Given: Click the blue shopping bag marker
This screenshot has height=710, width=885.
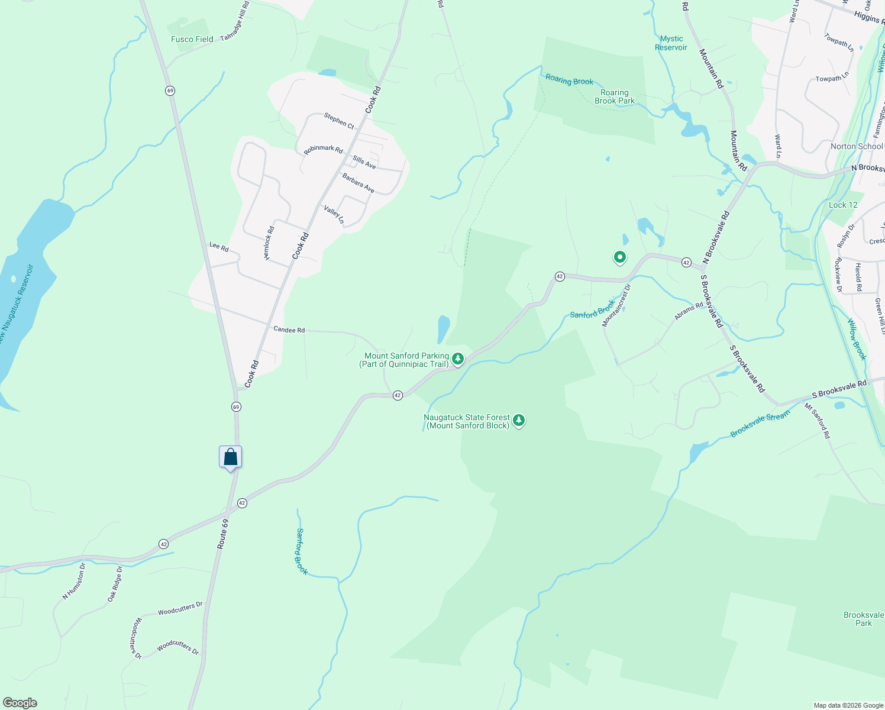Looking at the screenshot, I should pyautogui.click(x=230, y=457).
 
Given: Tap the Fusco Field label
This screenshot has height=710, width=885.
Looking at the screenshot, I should pyautogui.click(x=192, y=40).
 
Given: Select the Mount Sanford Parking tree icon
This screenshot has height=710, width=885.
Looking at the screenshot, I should pyautogui.click(x=457, y=359).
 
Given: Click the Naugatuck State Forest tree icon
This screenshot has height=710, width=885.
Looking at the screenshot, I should pyautogui.click(x=519, y=420).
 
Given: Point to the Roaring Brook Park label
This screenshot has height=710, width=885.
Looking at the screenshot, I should pyautogui.click(x=615, y=96).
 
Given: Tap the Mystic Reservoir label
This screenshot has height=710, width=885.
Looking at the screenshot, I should pyautogui.click(x=671, y=43).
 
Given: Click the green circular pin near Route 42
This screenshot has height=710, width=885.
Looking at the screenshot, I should pyautogui.click(x=619, y=257).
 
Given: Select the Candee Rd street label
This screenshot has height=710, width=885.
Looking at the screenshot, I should pyautogui.click(x=289, y=330).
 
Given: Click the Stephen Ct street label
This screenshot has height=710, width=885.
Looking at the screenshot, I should pyautogui.click(x=339, y=121).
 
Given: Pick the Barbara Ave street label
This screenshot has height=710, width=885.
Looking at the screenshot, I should pyautogui.click(x=358, y=183).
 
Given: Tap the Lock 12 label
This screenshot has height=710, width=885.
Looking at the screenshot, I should pyautogui.click(x=842, y=205).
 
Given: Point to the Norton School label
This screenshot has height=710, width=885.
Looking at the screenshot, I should pyautogui.click(x=856, y=146).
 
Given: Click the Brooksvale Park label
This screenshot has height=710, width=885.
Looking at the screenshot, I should pyautogui.click(x=863, y=619).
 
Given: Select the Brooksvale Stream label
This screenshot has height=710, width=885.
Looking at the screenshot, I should pyautogui.click(x=760, y=424).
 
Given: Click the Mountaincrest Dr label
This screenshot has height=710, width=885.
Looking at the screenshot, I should pyautogui.click(x=616, y=306).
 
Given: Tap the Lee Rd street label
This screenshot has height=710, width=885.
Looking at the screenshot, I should pyautogui.click(x=219, y=247).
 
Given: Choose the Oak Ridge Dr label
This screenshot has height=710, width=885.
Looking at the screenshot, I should pyautogui.click(x=115, y=584).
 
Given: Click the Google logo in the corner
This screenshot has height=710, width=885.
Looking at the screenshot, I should pyautogui.click(x=20, y=703).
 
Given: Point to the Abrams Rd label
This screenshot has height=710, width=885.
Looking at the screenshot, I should pyautogui.click(x=689, y=311).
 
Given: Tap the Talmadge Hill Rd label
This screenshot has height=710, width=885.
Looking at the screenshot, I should pyautogui.click(x=235, y=21).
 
